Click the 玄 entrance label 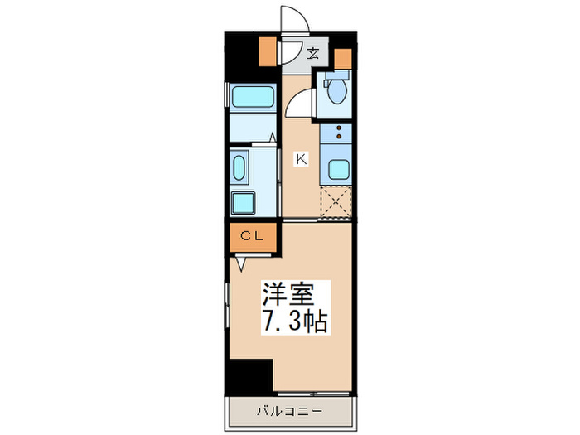pos(313,55)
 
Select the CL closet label pos(252,236)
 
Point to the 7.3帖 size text pos(297,321)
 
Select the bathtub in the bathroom pos(252,99)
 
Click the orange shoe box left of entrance pos(267,52)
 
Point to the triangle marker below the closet pos(241,264)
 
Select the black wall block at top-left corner pos(241,54)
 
